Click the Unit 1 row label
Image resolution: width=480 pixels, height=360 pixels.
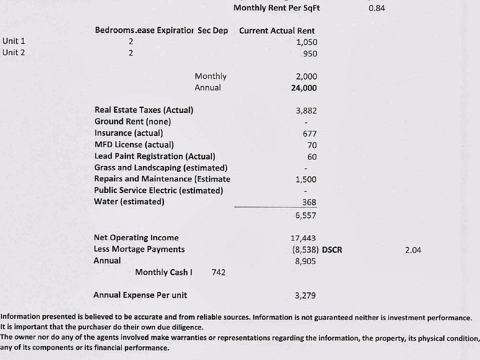[x=13, y=41]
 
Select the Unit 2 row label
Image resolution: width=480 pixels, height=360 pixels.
[x=13, y=52]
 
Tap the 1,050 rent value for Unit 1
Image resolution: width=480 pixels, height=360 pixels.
[x=306, y=42]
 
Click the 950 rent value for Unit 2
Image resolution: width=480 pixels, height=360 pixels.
[x=310, y=53]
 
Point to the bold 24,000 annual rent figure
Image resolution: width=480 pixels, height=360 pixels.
[x=304, y=88]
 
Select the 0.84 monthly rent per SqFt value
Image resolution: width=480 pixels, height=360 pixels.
[x=376, y=8]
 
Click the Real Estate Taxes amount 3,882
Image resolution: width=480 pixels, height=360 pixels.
[x=306, y=110]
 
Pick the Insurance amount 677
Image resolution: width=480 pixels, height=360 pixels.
[x=309, y=133]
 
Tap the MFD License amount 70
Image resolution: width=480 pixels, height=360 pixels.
[x=312, y=145]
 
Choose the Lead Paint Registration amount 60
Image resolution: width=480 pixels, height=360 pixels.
[x=312, y=156]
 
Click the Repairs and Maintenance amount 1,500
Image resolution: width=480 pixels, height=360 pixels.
[x=306, y=179]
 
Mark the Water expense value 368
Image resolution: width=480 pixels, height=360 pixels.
[x=309, y=202]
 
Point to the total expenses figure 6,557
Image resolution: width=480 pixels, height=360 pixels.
[x=305, y=215]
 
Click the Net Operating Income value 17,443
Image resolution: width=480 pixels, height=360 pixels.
[x=303, y=238]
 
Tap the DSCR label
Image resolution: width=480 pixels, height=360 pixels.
[x=332, y=249]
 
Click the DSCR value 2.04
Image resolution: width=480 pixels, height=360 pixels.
[x=413, y=249]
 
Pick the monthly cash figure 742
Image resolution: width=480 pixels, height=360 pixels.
[x=218, y=272]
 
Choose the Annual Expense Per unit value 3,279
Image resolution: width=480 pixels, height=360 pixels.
[x=305, y=295]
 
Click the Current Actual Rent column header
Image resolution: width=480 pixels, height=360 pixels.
[x=277, y=30]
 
